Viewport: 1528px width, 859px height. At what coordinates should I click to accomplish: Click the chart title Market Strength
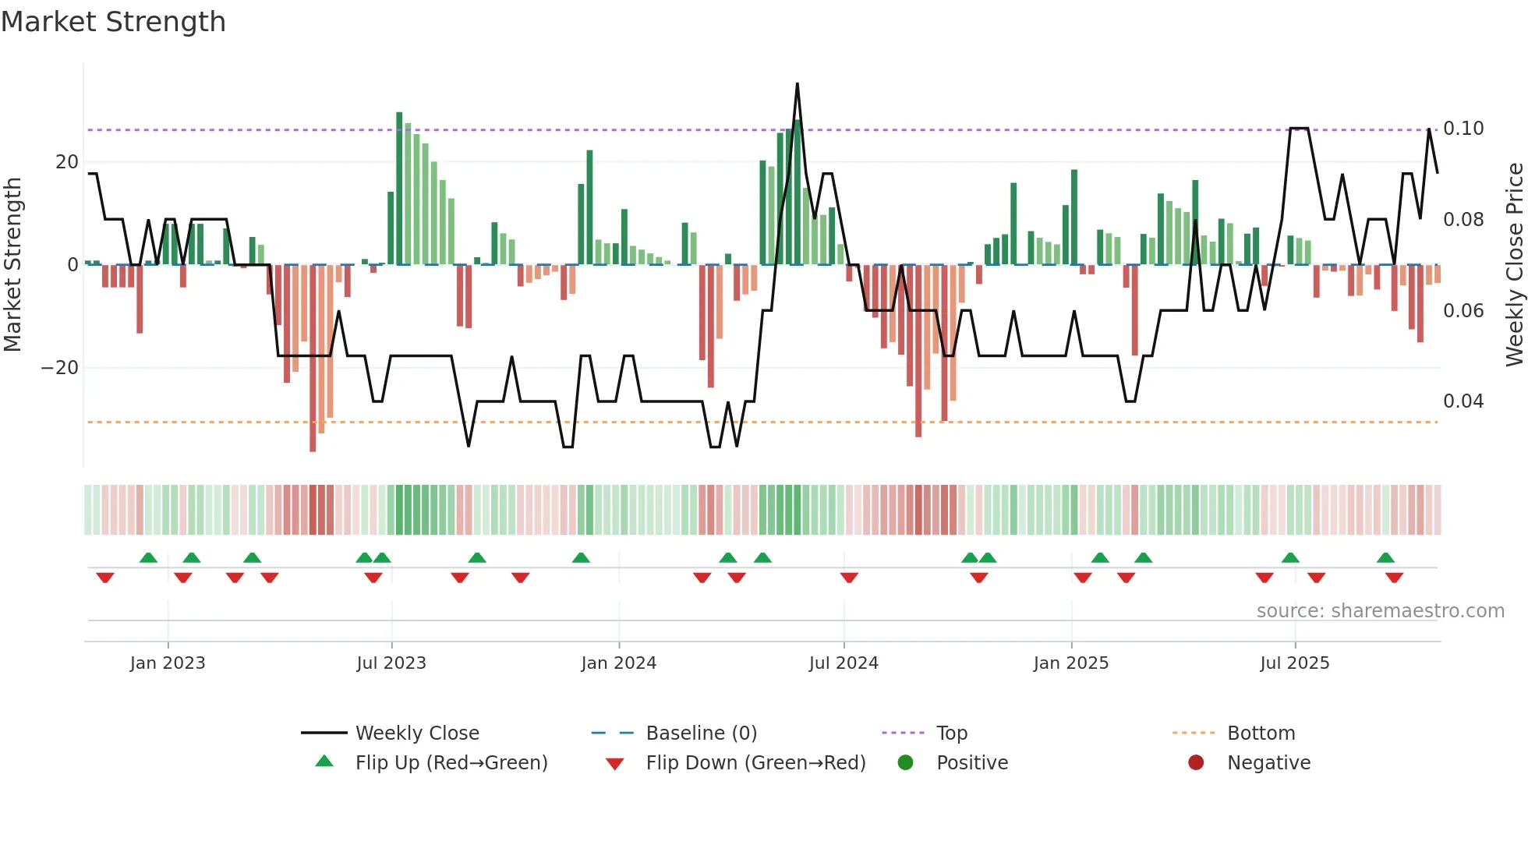(x=113, y=22)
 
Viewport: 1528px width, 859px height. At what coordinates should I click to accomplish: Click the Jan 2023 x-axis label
(x=168, y=663)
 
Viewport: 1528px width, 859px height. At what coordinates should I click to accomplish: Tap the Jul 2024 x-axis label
(x=844, y=663)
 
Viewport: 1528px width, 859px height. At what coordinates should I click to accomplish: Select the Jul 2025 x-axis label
(x=1295, y=663)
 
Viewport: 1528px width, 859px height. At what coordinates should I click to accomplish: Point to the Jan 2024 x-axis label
(x=619, y=663)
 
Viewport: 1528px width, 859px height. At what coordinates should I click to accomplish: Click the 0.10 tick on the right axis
(x=1463, y=129)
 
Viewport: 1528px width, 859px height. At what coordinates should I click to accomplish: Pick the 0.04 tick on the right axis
(x=1463, y=401)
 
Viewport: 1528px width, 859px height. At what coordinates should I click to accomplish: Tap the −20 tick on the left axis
(x=60, y=368)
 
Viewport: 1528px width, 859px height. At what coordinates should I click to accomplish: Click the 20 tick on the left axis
(x=67, y=162)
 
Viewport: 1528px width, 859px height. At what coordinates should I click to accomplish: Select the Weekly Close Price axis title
(x=1514, y=265)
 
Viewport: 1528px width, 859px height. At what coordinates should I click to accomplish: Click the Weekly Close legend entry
(x=417, y=734)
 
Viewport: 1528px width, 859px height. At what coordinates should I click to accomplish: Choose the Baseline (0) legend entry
(x=701, y=734)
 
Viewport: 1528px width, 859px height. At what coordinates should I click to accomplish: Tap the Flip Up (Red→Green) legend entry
(x=451, y=763)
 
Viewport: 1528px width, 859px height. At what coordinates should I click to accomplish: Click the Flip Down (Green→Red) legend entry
(x=755, y=763)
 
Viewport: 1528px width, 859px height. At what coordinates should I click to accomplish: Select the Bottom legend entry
(x=1261, y=734)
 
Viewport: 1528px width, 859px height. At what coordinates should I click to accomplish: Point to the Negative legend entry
(x=1268, y=763)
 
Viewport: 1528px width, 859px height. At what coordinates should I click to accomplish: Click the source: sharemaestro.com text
(x=1380, y=611)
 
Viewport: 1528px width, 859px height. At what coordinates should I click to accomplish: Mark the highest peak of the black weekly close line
(x=797, y=84)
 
